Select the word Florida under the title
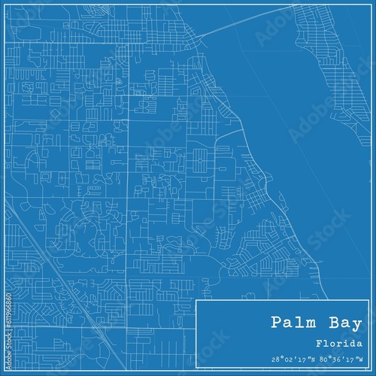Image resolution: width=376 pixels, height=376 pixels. click(337, 343)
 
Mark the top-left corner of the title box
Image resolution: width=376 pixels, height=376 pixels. click(196, 300)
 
